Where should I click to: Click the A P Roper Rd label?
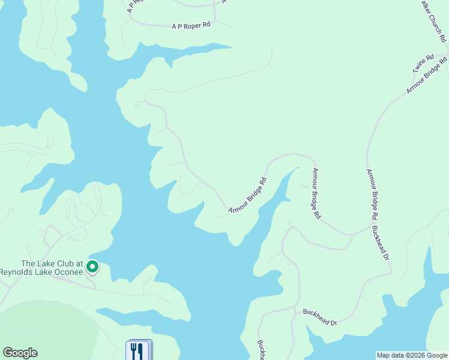(x=191, y=26)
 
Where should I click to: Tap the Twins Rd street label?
(x=423, y=64)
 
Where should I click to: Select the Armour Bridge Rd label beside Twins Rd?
(x=427, y=75)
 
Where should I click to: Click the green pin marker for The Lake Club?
(x=92, y=266)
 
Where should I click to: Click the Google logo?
(x=20, y=353)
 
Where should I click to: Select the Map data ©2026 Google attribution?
(x=412, y=355)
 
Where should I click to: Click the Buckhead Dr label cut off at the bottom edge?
(x=261, y=350)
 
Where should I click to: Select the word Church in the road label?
(x=439, y=24)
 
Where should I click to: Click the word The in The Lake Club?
(x=28, y=263)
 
